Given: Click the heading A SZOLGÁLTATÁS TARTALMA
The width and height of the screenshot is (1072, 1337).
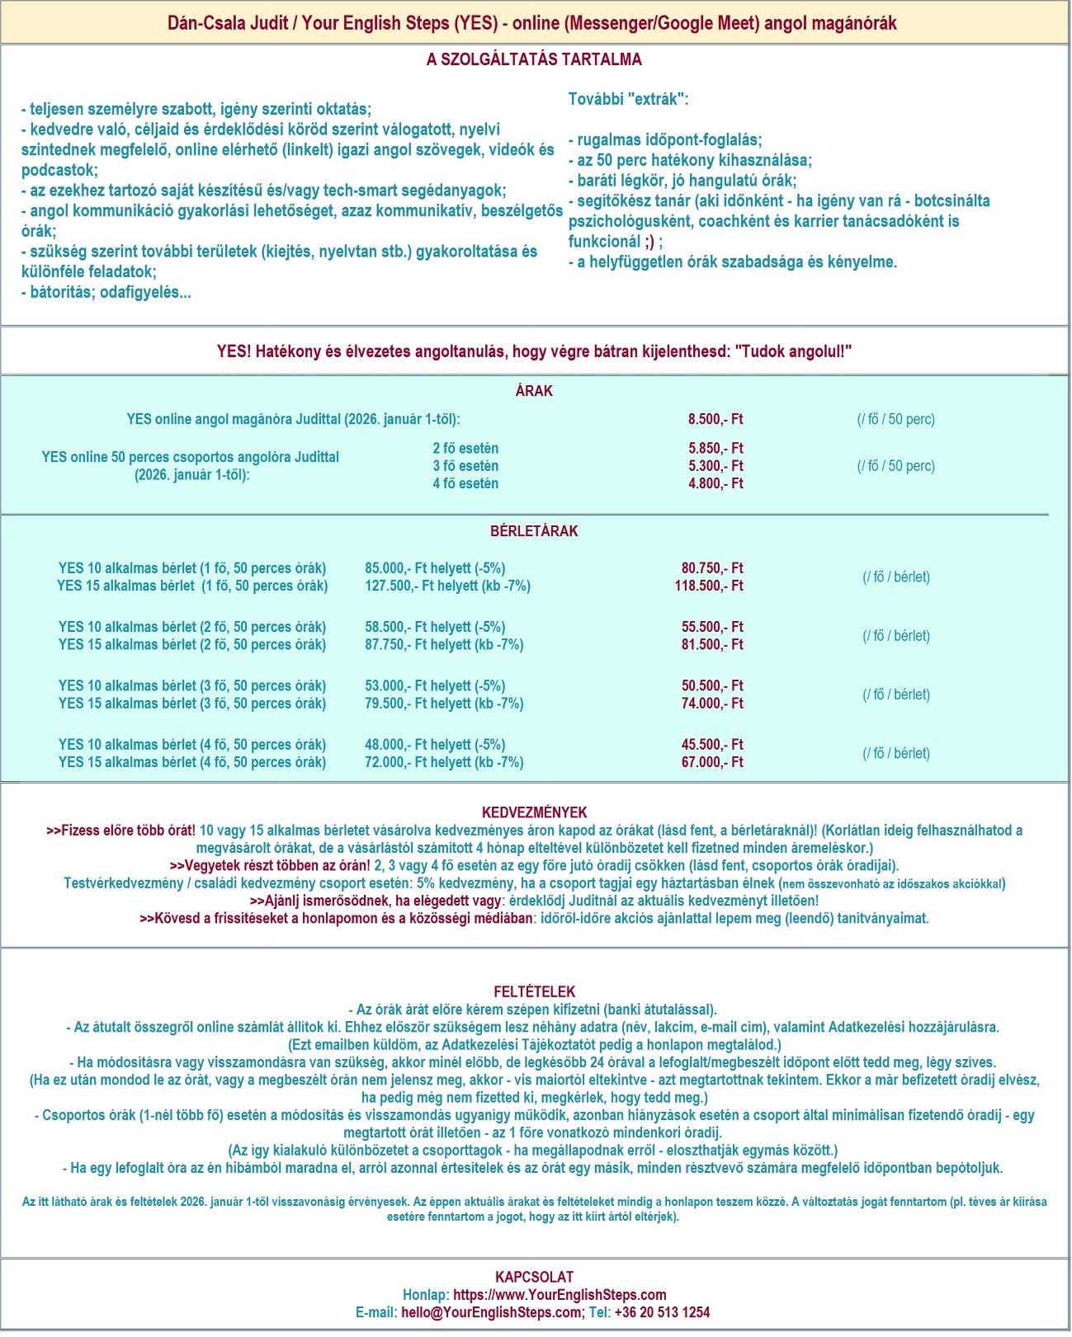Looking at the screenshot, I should (x=534, y=59).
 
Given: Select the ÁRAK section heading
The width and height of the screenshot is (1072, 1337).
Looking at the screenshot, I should (x=534, y=391).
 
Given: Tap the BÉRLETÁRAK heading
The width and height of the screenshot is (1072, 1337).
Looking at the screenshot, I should (x=534, y=531).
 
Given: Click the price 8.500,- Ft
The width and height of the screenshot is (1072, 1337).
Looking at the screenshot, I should (x=715, y=419).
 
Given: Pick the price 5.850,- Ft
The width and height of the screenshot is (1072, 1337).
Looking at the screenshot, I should (x=715, y=449).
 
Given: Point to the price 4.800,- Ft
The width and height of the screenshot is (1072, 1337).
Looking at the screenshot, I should (x=715, y=483).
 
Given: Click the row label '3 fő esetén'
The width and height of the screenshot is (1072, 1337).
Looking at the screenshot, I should (x=465, y=466).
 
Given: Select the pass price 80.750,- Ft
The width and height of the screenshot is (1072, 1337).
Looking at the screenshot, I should (x=712, y=568).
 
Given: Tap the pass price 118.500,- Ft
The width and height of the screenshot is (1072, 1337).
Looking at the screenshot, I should (x=709, y=586).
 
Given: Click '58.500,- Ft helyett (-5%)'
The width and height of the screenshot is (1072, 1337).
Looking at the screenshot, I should (x=435, y=627).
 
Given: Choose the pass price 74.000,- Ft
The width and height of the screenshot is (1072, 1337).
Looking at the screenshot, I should (x=712, y=704).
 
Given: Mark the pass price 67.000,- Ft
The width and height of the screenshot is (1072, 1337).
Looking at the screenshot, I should (x=712, y=762).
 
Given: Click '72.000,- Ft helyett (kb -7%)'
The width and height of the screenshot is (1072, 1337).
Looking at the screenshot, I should (x=444, y=762).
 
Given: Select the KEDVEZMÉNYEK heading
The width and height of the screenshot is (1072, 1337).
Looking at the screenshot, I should (x=534, y=812).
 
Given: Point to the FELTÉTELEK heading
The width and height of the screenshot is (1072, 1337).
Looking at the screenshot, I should (x=534, y=991).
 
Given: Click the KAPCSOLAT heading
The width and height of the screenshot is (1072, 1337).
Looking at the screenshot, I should (x=534, y=1277).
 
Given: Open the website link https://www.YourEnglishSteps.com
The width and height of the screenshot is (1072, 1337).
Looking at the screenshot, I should (x=560, y=1295).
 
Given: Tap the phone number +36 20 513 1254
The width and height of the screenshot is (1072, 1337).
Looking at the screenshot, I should (x=662, y=1312).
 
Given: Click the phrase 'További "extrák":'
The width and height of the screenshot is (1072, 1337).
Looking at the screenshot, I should (x=628, y=99).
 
